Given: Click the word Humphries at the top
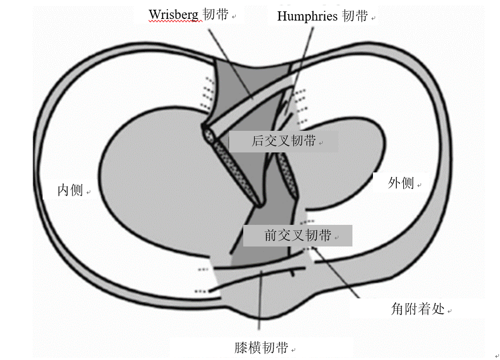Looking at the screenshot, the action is click(307, 16).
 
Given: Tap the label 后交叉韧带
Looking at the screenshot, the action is click(283, 141).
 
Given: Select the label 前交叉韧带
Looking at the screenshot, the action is click(297, 235).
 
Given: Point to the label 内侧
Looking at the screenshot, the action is click(70, 190).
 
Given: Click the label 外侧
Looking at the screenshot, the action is click(401, 183).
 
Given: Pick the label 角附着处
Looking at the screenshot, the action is click(417, 308).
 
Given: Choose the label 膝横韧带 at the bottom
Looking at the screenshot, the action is click(261, 347).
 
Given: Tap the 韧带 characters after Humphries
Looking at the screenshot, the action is click(355, 16).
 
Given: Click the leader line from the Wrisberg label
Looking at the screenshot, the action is click(230, 64).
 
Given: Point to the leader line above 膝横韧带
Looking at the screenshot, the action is click(260, 300).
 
